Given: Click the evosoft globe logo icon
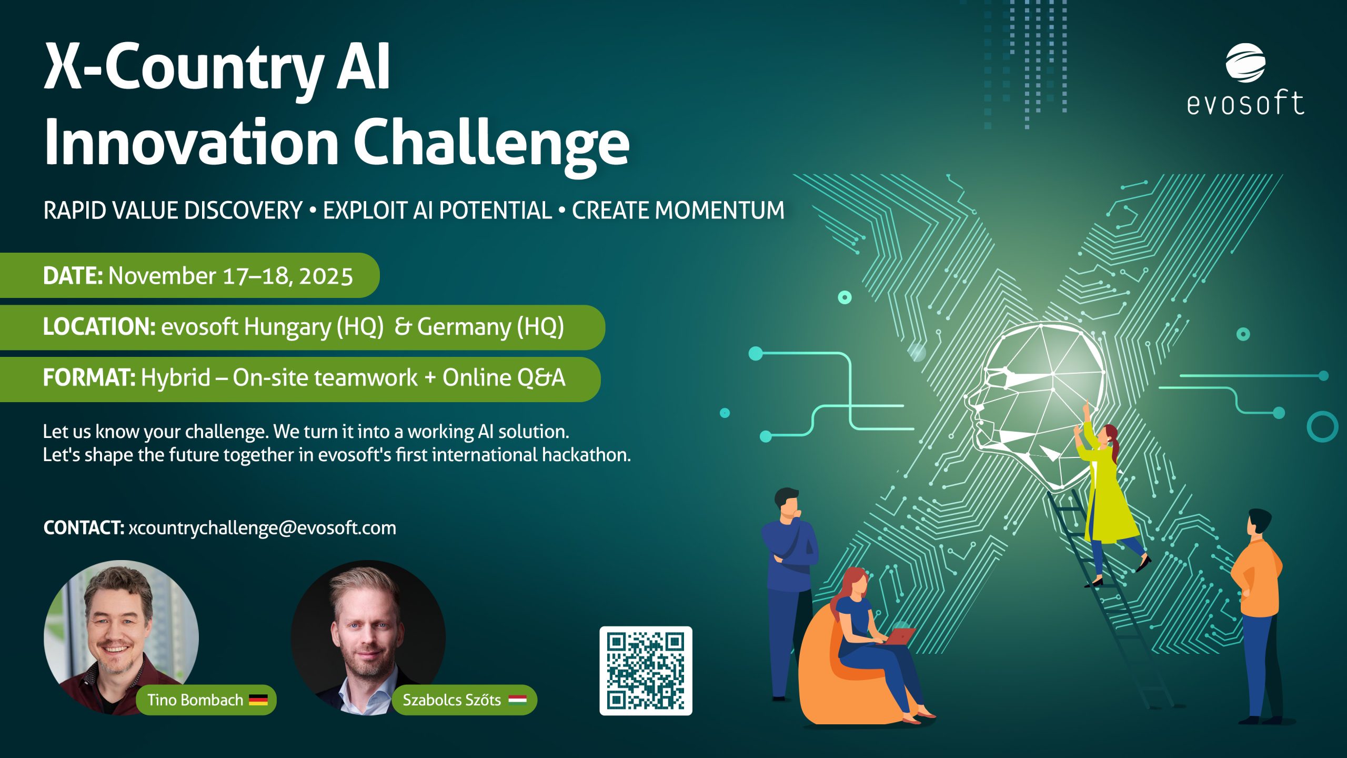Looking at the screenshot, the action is point(1245,63).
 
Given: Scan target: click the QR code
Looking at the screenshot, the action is point(646,671).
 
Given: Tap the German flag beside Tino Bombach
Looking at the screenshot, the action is point(258,700).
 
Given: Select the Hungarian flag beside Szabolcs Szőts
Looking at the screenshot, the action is point(517,700).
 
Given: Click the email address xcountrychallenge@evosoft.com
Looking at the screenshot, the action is point(262,528).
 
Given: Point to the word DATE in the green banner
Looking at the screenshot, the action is point(73,276).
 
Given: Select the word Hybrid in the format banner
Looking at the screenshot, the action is point(176,378).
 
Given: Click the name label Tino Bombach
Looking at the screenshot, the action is point(195,700).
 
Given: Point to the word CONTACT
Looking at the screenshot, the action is point(84,528).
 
